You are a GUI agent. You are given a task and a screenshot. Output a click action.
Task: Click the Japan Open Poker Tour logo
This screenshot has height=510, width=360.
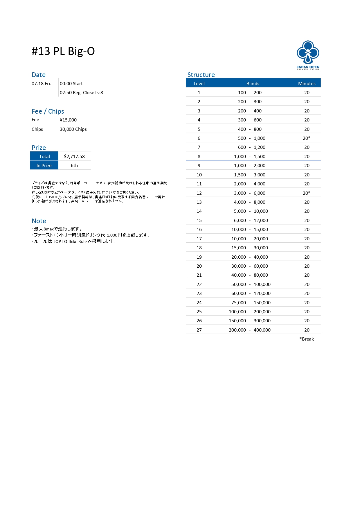pyautogui.click(x=308, y=55)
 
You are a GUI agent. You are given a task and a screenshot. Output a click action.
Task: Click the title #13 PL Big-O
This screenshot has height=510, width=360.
pyautogui.click(x=63, y=51)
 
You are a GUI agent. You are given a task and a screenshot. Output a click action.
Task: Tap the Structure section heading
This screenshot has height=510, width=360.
pyautogui.click(x=201, y=75)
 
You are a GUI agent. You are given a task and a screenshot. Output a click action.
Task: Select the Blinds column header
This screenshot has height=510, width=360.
pyautogui.click(x=253, y=83)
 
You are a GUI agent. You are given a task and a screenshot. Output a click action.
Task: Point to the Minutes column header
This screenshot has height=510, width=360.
pyautogui.click(x=307, y=83)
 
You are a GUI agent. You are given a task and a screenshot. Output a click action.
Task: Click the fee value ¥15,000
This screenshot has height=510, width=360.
pyautogui.click(x=68, y=120)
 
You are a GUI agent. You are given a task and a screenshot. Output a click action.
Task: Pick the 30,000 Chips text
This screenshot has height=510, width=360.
pyautogui.click(x=73, y=129)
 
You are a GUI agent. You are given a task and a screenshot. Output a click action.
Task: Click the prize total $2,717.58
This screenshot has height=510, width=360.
pyautogui.click(x=74, y=156)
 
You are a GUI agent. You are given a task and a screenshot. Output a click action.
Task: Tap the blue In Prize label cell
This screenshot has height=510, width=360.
pyautogui.click(x=44, y=165)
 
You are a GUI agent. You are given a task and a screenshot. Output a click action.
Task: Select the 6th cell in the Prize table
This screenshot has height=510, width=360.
pyautogui.click(x=74, y=165)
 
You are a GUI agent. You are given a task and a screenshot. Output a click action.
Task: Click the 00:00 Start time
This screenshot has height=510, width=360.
pyautogui.click(x=71, y=83)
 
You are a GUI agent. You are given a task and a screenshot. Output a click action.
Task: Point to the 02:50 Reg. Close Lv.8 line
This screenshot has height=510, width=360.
pyautogui.click(x=81, y=92)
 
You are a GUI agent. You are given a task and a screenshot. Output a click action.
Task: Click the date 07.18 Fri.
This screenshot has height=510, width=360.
pyautogui.click(x=41, y=83)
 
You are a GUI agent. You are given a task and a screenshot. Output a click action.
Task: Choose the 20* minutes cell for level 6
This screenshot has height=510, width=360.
pyautogui.click(x=307, y=138)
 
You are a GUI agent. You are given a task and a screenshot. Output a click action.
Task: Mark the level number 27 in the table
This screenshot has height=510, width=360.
pyautogui.click(x=199, y=330)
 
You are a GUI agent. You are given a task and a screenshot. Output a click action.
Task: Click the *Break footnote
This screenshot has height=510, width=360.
pyautogui.click(x=307, y=339)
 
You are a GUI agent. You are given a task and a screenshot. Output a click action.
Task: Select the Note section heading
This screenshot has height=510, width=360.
pyautogui.click(x=39, y=221)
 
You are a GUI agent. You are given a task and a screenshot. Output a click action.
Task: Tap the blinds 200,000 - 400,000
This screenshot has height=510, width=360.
pyautogui.click(x=250, y=330)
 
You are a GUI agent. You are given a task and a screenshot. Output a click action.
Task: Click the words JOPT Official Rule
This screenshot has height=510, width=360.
pyautogui.click(x=70, y=241)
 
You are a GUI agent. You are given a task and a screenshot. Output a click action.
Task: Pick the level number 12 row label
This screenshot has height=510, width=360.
pyautogui.click(x=199, y=193)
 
